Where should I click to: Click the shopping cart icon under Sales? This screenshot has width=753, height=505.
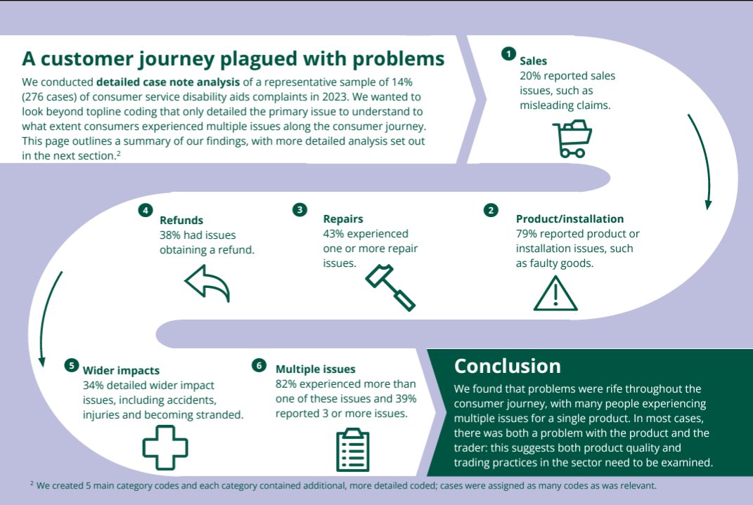[572, 138]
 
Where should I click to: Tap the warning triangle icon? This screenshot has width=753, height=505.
[555, 294]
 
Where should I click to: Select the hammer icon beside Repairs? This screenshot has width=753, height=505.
[390, 287]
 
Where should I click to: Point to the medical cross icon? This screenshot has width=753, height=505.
[165, 447]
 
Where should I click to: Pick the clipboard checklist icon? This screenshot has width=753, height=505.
[353, 450]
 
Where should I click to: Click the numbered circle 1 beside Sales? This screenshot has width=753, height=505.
[508, 53]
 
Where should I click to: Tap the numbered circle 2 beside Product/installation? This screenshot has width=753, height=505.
[491, 210]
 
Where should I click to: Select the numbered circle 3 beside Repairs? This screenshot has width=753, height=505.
[300, 209]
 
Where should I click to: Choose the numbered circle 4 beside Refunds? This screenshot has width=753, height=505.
[145, 210]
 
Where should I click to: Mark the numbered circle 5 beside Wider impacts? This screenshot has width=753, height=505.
[72, 365]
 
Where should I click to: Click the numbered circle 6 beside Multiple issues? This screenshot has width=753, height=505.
[259, 365]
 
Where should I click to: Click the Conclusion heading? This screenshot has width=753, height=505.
[507, 366]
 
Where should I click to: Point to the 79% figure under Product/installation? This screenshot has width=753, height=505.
[527, 234]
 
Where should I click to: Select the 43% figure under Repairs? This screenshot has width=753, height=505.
[333, 234]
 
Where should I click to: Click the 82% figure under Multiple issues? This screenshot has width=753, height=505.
[286, 383]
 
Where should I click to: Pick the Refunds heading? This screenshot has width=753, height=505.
[181, 220]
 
